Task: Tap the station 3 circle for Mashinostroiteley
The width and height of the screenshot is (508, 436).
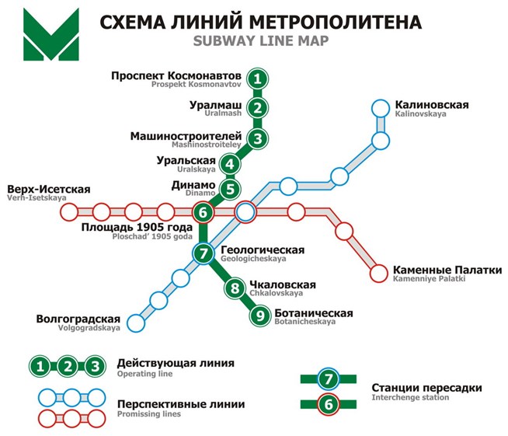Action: tap(259, 139)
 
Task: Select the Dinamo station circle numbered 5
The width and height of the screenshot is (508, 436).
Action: tap(230, 188)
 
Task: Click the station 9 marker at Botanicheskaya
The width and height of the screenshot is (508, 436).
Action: tap(259, 315)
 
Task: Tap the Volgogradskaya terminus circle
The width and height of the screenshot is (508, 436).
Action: tap(136, 321)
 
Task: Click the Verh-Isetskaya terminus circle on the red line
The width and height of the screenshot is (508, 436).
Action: tap(76, 211)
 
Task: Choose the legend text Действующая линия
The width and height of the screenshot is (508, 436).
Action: tap(175, 363)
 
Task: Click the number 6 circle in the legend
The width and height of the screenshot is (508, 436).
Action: tap(329, 404)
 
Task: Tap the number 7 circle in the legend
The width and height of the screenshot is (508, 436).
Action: tap(329, 379)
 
